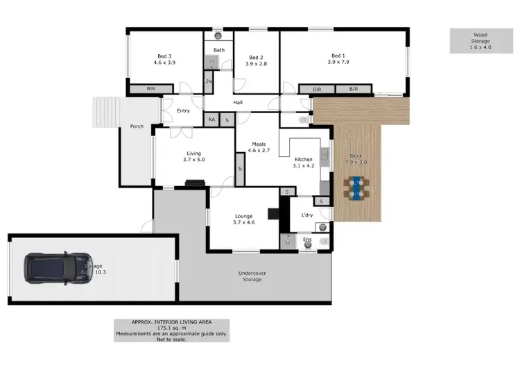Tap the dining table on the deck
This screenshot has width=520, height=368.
coord(356,187)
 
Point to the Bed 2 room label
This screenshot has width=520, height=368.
coord(255,60)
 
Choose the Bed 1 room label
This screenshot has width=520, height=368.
coord(337,59)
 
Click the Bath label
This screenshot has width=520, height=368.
coord(218,50)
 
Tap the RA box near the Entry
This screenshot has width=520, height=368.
coord(211,119)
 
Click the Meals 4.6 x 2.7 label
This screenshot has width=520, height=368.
coord(258,147)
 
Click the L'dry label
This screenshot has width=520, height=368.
coord(307,216)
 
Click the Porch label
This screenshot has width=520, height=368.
coord(135,126)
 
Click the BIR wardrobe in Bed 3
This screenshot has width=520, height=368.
coord(151,90)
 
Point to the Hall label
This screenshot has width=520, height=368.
coord(238,103)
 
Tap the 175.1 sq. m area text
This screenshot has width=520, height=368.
coord(171,328)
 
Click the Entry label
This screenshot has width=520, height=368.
coord(183,111)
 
